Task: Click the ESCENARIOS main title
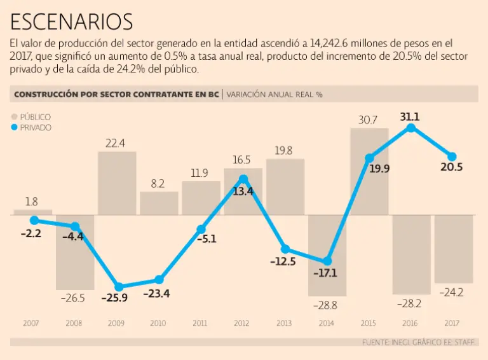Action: click(72, 22)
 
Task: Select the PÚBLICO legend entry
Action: click(30, 117)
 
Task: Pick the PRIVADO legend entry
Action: click(30, 127)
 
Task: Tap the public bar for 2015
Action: click(369, 172)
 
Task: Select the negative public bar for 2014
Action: click(327, 255)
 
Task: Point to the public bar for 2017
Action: click(453, 249)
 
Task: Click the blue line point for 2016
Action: click(411, 128)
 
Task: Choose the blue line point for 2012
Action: click(243, 179)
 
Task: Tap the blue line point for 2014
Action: click(327, 261)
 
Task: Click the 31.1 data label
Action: click(410, 116)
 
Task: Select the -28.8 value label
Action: click(327, 305)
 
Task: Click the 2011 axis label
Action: click(200, 323)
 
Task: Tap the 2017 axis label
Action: click(453, 323)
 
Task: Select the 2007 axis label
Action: click(31, 323)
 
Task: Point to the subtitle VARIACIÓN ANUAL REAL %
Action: click(274, 94)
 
